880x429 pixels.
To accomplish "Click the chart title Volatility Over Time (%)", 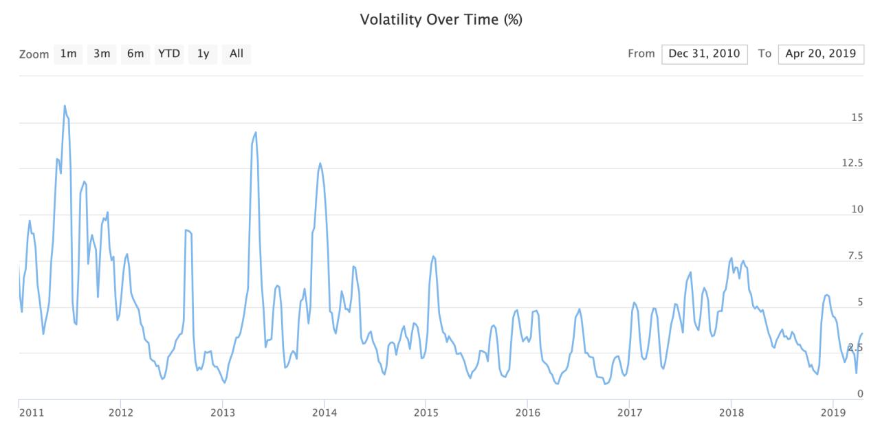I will [441, 20].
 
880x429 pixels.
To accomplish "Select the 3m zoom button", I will [102, 54].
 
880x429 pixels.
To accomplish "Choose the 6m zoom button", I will [135, 54].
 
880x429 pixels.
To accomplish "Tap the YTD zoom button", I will [169, 54].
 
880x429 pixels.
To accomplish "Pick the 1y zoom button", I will [203, 54].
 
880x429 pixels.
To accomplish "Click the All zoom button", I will [236, 54].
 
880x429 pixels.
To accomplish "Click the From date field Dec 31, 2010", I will [705, 54].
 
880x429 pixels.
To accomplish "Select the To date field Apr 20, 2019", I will [821, 54].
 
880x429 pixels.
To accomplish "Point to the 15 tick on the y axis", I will [857, 118].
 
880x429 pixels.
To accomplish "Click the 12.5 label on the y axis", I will [852, 163].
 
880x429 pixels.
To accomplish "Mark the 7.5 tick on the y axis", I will [855, 256].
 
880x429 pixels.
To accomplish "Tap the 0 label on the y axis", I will [859, 394].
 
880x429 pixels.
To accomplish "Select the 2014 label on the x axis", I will [324, 412].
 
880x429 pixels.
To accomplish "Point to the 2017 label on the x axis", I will [630, 412].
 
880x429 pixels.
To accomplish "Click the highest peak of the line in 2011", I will [65, 106].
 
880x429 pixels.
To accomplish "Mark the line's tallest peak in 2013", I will [256, 133].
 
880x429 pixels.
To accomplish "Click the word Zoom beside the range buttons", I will [34, 54].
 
